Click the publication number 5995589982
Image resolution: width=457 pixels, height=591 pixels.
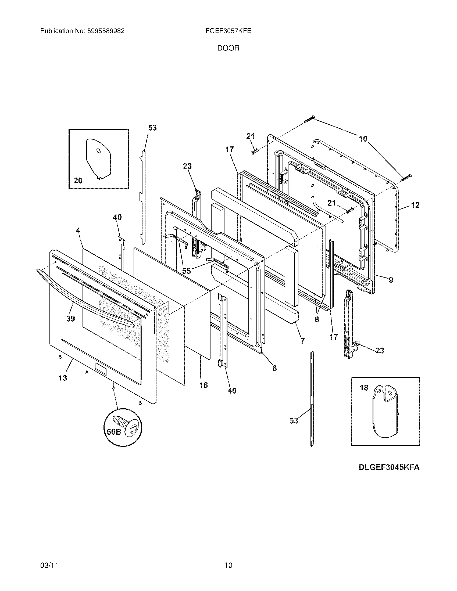click(x=105, y=31)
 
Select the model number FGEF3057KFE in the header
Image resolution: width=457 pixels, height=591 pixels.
click(x=228, y=31)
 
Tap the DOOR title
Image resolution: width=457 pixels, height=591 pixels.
click(x=228, y=48)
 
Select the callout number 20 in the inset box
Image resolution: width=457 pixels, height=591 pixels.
click(x=78, y=180)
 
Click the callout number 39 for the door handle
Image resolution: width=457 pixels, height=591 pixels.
click(x=71, y=319)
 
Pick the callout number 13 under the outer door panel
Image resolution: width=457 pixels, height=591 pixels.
click(x=63, y=378)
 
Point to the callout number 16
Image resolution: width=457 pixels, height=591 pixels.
click(x=203, y=385)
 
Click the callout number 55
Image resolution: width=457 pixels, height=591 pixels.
click(x=187, y=271)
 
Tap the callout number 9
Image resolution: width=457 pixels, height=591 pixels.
click(x=391, y=280)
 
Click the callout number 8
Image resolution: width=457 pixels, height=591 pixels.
click(x=317, y=319)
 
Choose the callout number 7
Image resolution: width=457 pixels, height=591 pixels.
click(x=302, y=341)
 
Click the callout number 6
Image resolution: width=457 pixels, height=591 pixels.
click(x=274, y=368)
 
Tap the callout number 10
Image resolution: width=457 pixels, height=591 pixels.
click(x=363, y=139)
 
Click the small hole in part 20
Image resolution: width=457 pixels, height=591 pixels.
click(x=99, y=151)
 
